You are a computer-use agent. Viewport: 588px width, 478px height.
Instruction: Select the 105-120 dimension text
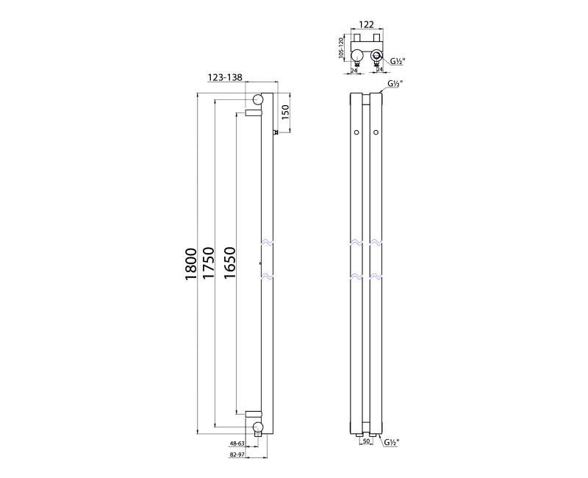click(343, 50)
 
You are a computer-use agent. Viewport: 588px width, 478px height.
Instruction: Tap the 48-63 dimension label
click(237, 444)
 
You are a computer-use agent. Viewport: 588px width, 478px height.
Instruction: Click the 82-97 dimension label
click(237, 456)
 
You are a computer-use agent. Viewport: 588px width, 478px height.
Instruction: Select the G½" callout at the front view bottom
click(391, 443)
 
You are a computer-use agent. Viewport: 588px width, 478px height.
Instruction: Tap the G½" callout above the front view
click(393, 85)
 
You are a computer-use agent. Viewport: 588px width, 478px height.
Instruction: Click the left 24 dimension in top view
click(355, 71)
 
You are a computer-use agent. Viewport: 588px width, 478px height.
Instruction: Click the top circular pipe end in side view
click(258, 100)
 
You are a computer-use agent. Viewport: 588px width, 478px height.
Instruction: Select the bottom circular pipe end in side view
click(258, 427)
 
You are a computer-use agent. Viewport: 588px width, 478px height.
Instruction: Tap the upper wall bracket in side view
click(253, 113)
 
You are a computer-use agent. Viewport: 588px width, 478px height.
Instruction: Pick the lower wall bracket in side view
click(253, 414)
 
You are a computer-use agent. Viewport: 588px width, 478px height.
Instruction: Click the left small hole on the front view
click(356, 132)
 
